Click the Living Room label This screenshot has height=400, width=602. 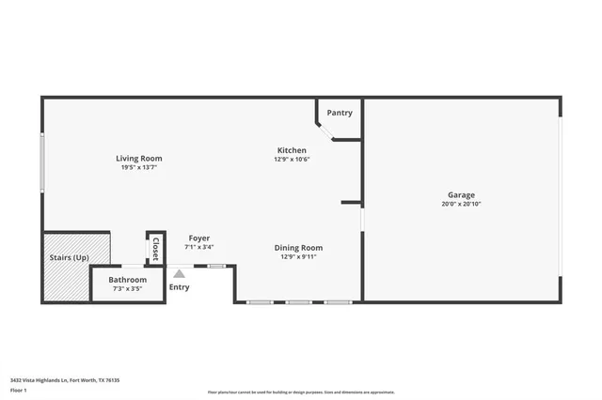[139, 158]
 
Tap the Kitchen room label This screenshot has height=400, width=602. [292, 150]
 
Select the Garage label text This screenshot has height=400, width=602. [461, 194]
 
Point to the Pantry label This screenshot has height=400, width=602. [340, 113]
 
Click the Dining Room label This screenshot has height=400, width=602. [298, 248]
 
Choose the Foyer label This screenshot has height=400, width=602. [198, 238]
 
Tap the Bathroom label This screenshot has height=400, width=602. [127, 280]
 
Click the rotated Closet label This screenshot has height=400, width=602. [156, 250]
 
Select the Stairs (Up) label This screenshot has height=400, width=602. [70, 257]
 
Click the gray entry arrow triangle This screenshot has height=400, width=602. [179, 273]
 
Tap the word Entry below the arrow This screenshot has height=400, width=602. [179, 286]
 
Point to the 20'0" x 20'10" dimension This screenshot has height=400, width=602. [461, 204]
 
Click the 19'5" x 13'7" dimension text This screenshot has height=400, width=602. [138, 167]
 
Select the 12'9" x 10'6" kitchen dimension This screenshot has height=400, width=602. [292, 160]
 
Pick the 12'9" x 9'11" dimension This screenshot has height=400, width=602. [298, 257]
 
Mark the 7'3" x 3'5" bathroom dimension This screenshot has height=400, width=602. [127, 289]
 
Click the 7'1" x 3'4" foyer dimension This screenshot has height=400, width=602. [198, 247]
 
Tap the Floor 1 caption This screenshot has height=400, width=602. [18, 389]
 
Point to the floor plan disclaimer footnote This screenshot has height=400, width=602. [301, 392]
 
